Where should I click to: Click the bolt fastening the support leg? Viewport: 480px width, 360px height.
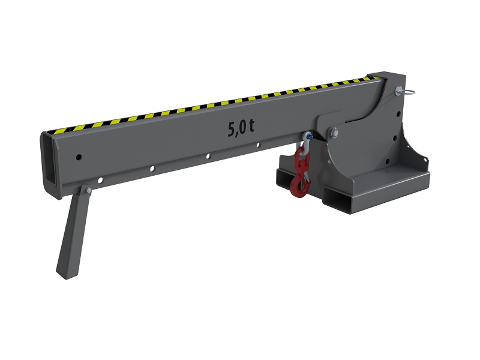click(x=88, y=190)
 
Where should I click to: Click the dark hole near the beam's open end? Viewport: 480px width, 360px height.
click(x=79, y=158)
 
